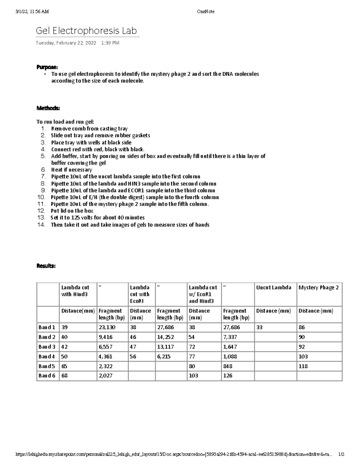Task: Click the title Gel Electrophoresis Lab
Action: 86,31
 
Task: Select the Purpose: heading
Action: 47,67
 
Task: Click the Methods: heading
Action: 48,108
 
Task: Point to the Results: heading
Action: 46,266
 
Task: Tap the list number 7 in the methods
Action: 43,176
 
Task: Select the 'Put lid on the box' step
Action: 72,211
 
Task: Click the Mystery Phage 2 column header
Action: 319,287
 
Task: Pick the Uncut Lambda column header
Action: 274,287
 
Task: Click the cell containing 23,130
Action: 107,327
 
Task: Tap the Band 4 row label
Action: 47,356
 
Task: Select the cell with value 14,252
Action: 166,337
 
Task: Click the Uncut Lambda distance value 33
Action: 259,327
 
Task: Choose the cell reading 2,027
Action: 105,376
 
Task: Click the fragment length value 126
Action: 228,376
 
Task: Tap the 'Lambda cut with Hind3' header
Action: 75,291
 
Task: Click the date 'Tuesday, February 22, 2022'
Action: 66,43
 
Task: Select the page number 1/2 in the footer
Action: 341,454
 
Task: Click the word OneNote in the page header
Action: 205,12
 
